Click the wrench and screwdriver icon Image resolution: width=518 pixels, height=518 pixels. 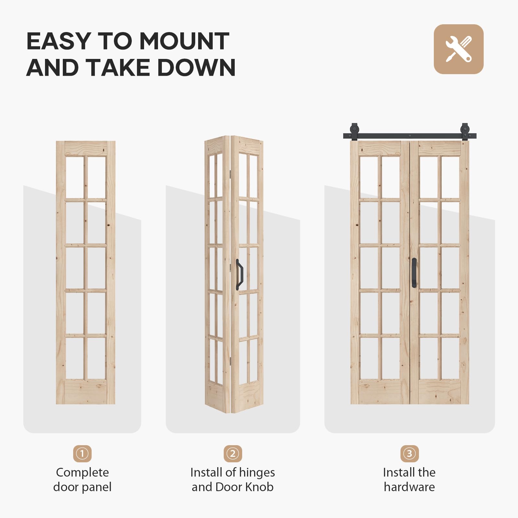click(458, 49)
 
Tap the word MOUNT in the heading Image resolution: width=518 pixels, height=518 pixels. click(184, 41)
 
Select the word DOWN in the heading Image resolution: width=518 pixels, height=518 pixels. click(197, 68)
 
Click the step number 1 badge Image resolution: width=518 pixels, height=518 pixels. click(82, 454)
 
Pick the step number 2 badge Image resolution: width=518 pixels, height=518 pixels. click(232, 454)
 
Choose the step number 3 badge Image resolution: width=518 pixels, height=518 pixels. click(409, 454)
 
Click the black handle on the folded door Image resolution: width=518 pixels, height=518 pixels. click(240, 274)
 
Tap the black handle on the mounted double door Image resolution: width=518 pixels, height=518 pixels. click(414, 273)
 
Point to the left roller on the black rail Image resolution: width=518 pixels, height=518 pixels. click(355, 131)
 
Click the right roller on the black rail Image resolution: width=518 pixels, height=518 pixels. click(465, 131)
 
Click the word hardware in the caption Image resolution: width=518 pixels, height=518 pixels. click(409, 487)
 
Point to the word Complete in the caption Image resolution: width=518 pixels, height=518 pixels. click(82, 473)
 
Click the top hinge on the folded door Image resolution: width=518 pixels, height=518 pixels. click(230, 174)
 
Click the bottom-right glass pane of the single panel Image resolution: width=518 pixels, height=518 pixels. click(96, 358)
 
